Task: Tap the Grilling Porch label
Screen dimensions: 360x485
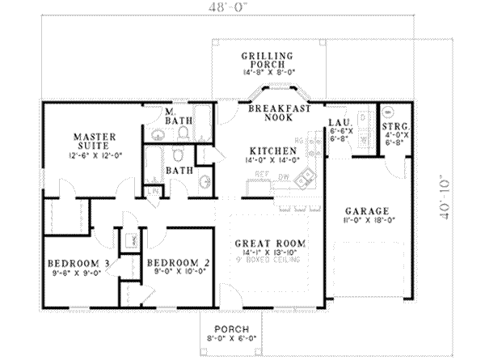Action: (265, 56)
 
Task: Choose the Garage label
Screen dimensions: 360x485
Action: (362, 208)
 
